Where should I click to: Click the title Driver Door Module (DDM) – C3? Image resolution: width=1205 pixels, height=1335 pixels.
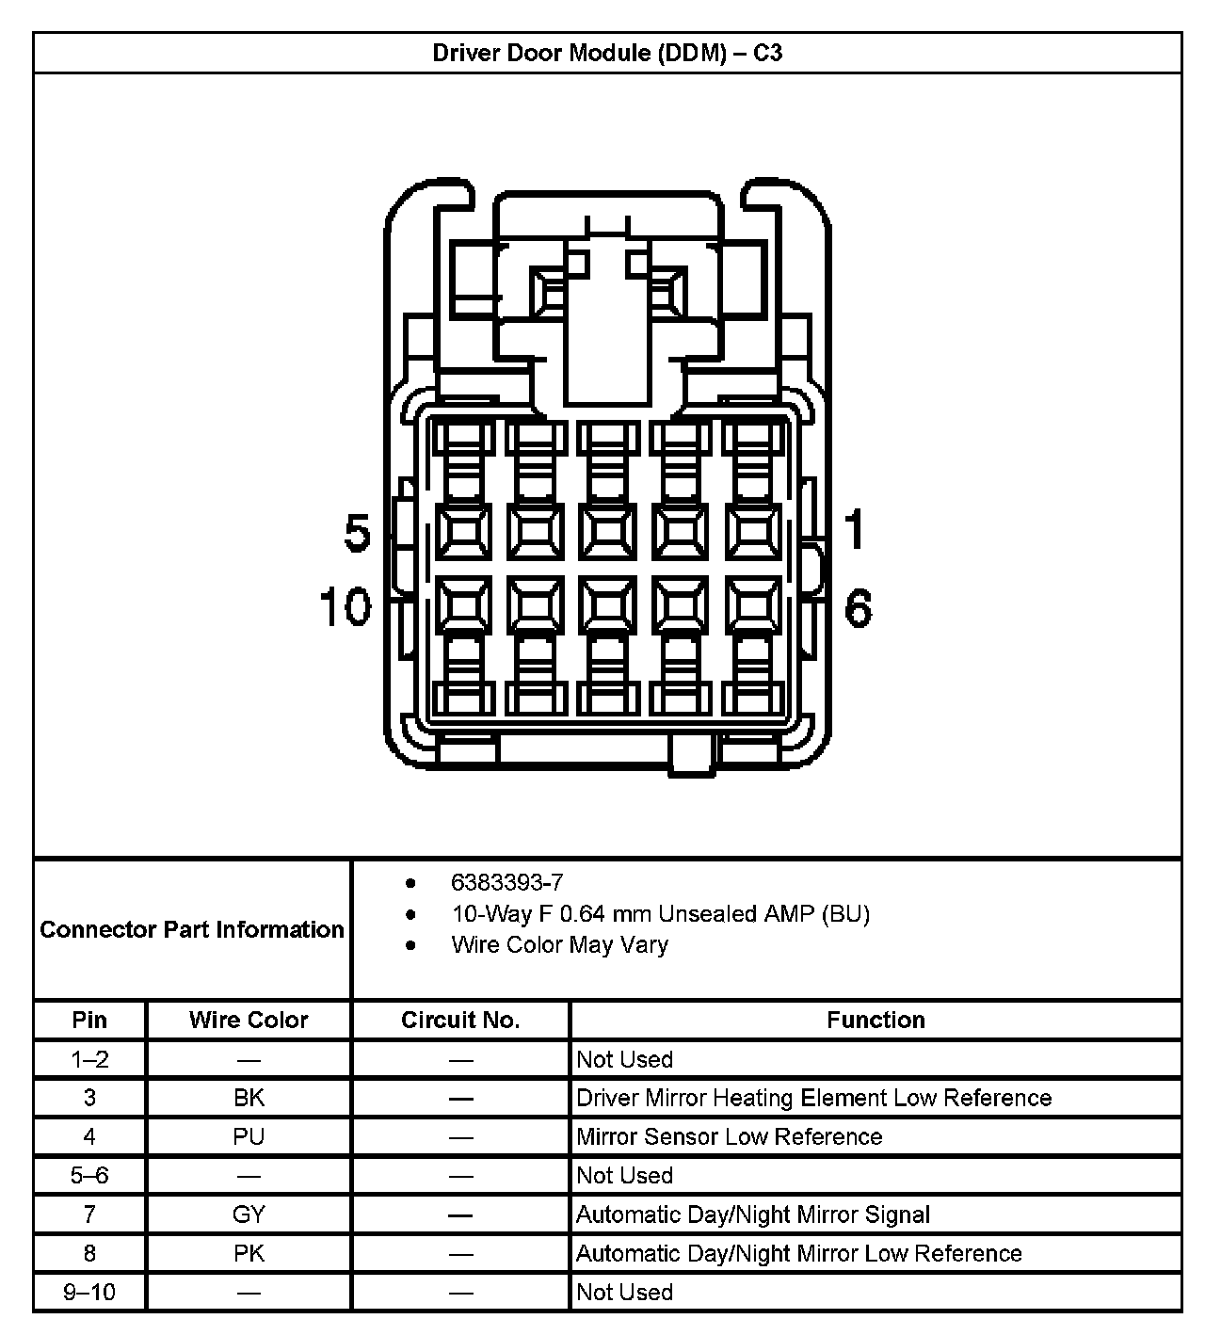pyautogui.click(x=607, y=53)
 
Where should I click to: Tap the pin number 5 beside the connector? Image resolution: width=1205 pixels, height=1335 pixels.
pyautogui.click(x=358, y=533)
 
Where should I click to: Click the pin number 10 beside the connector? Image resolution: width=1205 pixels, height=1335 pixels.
pyautogui.click(x=345, y=606)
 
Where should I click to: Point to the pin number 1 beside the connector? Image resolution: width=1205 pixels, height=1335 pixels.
pyautogui.click(x=854, y=529)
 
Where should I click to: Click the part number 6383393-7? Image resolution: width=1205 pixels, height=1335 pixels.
pyautogui.click(x=506, y=882)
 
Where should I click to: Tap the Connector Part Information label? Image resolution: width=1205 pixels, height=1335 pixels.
pyautogui.click(x=192, y=929)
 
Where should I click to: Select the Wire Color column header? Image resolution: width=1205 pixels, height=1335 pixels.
pyautogui.click(x=249, y=1020)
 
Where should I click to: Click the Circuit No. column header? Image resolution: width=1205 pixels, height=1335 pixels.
pyautogui.click(x=460, y=1020)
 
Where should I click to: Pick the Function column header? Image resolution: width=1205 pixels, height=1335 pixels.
pyautogui.click(x=876, y=1020)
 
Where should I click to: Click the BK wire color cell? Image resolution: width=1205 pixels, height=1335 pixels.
pyautogui.click(x=249, y=1098)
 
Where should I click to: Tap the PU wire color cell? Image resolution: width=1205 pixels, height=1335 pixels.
pyautogui.click(x=249, y=1136)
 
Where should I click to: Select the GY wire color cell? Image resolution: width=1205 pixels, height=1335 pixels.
pyautogui.click(x=249, y=1214)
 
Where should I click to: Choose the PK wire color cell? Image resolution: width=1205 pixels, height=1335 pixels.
pyautogui.click(x=249, y=1253)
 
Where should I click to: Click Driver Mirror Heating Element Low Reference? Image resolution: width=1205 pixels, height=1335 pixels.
pyautogui.click(x=813, y=1098)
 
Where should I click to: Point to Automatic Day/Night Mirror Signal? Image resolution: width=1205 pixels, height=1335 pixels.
pyautogui.click(x=752, y=1214)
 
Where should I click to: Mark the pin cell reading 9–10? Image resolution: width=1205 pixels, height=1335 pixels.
pyautogui.click(x=89, y=1292)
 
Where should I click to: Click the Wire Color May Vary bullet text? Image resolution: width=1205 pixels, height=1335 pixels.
pyautogui.click(x=559, y=944)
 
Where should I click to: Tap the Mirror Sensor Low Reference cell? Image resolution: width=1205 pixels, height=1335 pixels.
pyautogui.click(x=729, y=1136)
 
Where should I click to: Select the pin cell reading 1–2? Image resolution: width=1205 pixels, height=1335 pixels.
pyautogui.click(x=89, y=1059)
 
